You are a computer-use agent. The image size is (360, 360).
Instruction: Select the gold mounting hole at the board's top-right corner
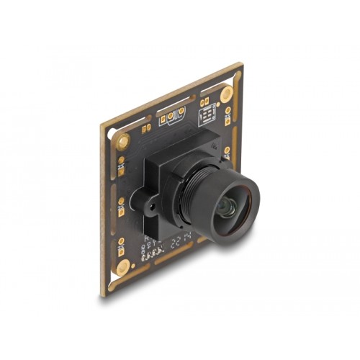[226, 92]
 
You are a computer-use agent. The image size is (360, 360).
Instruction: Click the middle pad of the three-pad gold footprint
[172, 117]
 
